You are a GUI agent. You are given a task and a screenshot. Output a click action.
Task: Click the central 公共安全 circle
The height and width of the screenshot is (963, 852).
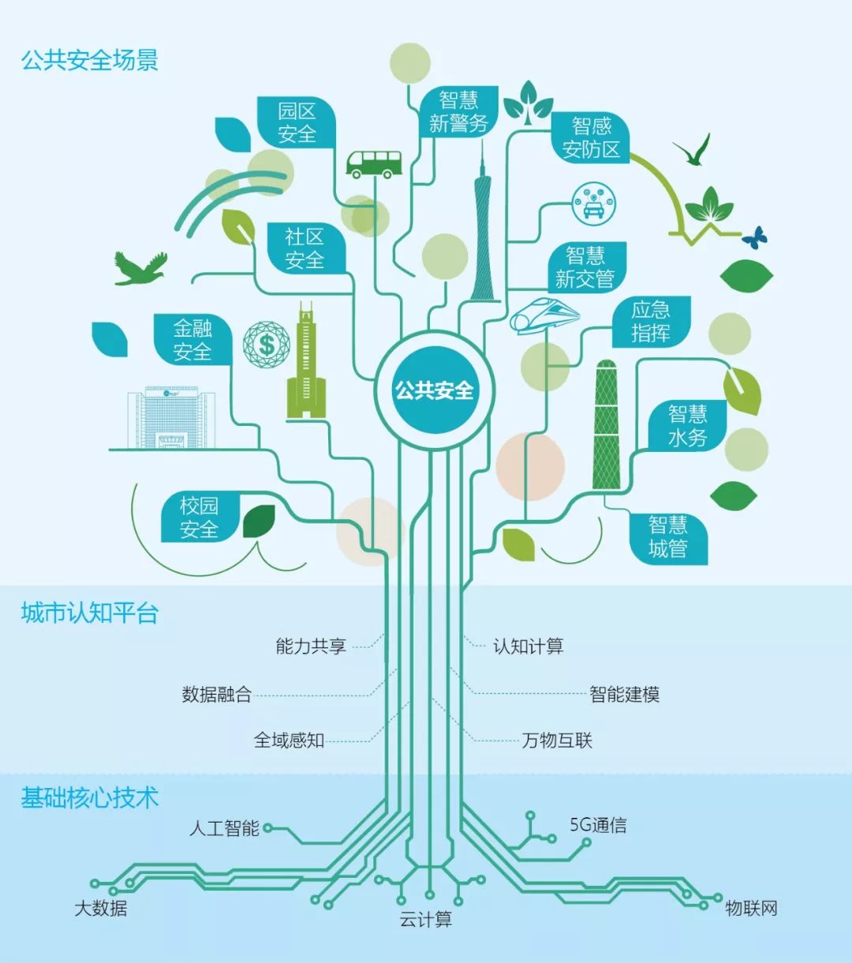point(434,390)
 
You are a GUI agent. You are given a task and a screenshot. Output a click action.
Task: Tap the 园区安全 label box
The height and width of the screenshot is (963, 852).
point(297,123)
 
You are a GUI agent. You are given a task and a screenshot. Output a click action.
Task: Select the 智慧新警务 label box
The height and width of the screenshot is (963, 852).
point(458,112)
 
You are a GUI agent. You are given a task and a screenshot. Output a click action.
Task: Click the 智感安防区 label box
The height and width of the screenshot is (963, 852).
point(591,138)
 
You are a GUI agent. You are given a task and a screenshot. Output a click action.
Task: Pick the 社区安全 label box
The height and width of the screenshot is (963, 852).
point(305,248)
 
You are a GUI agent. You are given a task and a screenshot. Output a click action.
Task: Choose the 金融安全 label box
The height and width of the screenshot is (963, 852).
point(193,340)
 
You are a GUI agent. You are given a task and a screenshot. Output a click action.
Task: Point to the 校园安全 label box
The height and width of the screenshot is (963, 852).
point(199,517)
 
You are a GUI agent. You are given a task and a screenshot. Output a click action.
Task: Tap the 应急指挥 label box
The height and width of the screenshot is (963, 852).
point(651,322)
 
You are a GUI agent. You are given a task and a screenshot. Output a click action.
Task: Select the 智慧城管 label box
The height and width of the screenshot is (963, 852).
point(668,537)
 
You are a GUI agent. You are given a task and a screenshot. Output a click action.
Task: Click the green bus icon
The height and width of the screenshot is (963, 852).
point(374,164)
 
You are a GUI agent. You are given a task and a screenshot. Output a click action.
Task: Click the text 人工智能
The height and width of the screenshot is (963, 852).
point(224,829)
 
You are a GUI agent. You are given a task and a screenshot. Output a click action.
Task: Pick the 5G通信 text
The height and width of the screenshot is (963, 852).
point(598,826)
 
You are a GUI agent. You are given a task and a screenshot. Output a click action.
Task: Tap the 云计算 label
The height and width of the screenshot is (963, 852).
point(426,920)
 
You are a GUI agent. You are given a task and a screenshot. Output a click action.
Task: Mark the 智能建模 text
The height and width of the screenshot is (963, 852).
point(624,695)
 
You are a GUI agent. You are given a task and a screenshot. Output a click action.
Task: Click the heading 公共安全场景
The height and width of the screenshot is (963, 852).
point(90,60)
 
